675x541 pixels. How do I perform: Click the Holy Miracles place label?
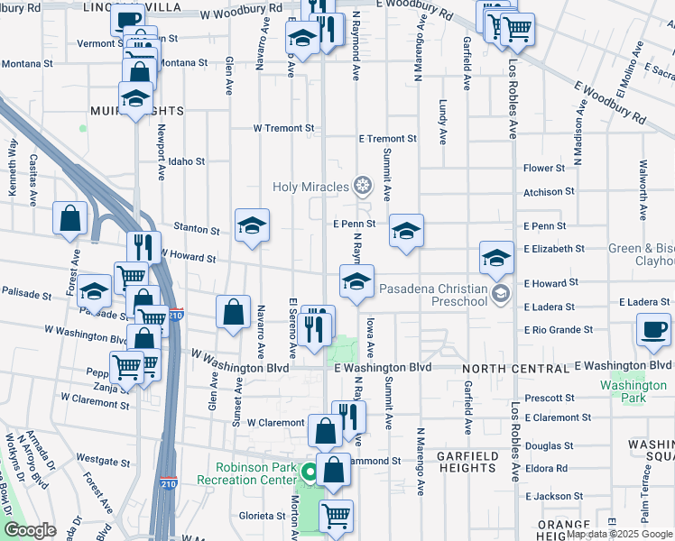coord(311,188)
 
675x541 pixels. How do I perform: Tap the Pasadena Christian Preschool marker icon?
coord(502,292)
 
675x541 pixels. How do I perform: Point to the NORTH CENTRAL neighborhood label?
coord(505,370)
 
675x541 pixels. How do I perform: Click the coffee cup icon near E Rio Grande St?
coord(653,329)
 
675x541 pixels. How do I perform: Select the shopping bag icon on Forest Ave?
coord(70,218)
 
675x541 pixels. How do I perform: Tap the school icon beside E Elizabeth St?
coord(495,258)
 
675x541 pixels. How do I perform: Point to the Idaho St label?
coord(187,161)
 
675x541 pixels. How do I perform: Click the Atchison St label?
coord(550,192)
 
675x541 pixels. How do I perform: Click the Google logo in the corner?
coord(30,530)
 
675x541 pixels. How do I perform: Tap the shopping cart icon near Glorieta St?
coord(336,516)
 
